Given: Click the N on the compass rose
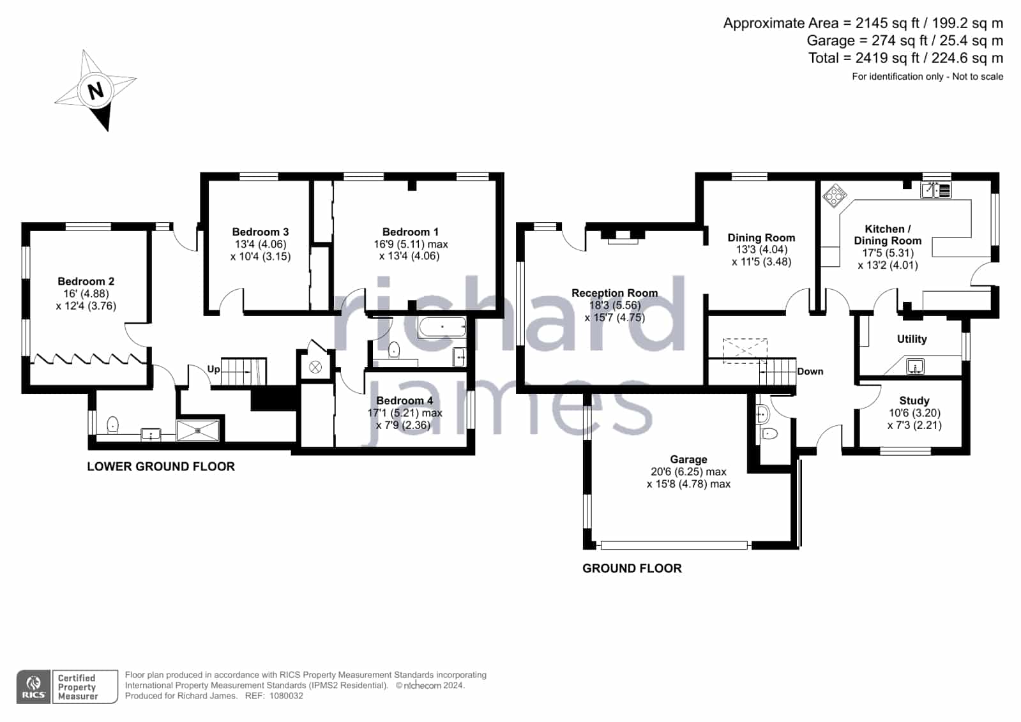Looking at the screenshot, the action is click(96, 91).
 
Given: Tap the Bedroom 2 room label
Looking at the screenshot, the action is click(86, 282).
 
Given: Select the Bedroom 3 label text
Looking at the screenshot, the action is click(261, 232).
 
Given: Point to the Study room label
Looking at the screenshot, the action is click(914, 401).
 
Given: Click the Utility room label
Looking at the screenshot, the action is click(912, 339).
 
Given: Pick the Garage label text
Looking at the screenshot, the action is click(688, 460).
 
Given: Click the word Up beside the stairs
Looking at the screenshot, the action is click(213, 369).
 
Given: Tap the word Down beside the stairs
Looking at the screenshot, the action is click(810, 372).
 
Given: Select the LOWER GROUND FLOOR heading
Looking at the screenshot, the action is click(161, 466).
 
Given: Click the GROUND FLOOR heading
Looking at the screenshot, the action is click(632, 568).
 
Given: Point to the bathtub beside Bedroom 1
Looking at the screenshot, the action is click(442, 327).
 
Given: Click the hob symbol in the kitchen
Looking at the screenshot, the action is click(835, 195).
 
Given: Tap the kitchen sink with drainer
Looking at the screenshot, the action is click(936, 190).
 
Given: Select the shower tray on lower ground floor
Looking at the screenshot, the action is click(198, 431).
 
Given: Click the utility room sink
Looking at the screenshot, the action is click(915, 366).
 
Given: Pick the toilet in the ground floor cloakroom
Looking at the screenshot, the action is click(769, 433).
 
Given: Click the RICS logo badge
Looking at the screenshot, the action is click(33, 686).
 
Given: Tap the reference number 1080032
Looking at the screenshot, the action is click(286, 696).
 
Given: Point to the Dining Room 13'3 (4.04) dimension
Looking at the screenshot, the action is click(761, 250).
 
